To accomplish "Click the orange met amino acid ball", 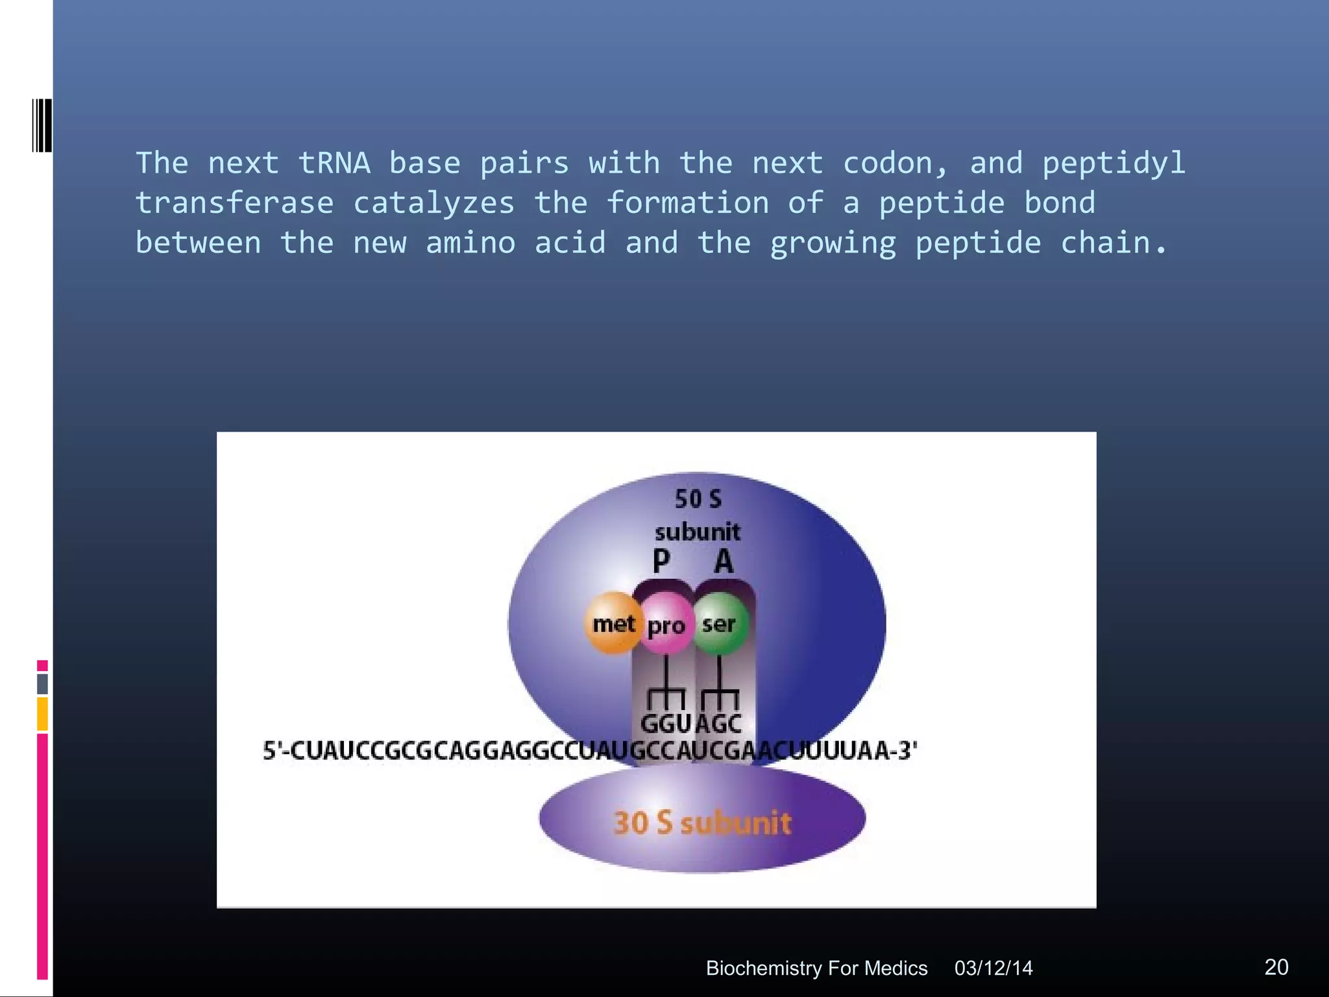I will (x=613, y=624).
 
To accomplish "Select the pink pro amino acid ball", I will (x=666, y=625).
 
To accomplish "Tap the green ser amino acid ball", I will (x=719, y=624).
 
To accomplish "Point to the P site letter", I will (x=661, y=561).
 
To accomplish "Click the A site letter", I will (x=724, y=561).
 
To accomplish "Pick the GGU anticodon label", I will (x=666, y=724).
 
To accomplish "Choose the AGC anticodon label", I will (x=718, y=724).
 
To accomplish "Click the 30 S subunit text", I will (x=702, y=822).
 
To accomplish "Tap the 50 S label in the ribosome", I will (x=698, y=499).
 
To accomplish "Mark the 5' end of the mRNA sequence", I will (x=274, y=750).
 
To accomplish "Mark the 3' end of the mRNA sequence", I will (x=906, y=750).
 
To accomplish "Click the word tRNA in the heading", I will (x=334, y=163).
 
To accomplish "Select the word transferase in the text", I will (x=234, y=203).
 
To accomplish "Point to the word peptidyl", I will (x=1114, y=163).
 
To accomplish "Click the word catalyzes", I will (x=433, y=203).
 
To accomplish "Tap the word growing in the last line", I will (x=833, y=243).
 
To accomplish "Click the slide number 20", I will (x=1276, y=967).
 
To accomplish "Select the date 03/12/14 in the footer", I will (x=993, y=968).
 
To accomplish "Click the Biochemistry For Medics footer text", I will (x=816, y=968).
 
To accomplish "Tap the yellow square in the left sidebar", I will (x=42, y=713).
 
